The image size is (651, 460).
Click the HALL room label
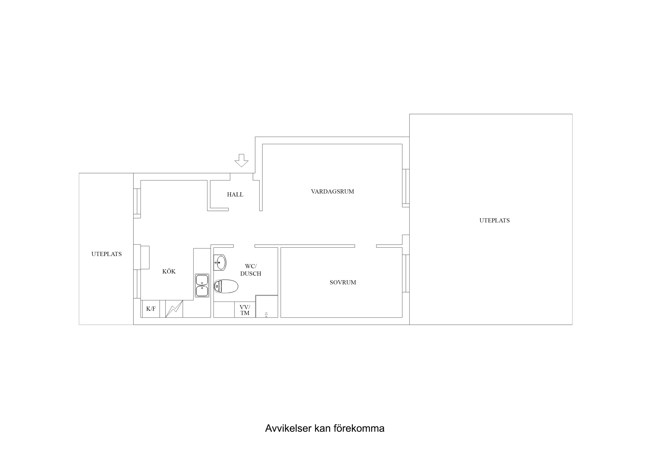[235, 194]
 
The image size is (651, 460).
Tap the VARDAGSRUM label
[332, 191]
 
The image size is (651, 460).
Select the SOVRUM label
[343, 282]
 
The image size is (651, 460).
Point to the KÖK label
[169, 271]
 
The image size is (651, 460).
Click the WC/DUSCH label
[251, 270]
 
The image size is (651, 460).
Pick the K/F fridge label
[151, 309]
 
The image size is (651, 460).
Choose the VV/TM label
[245, 310]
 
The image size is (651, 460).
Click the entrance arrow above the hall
[241, 160]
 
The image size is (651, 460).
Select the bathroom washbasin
[220, 262]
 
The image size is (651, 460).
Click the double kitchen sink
[202, 285]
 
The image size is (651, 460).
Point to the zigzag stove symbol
[174, 309]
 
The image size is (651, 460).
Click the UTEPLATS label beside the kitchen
[106, 254]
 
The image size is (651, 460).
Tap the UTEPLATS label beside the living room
[494, 220]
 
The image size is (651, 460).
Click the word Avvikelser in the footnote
[288, 428]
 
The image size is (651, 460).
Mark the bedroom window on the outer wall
[406, 273]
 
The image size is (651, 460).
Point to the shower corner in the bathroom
[266, 306]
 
